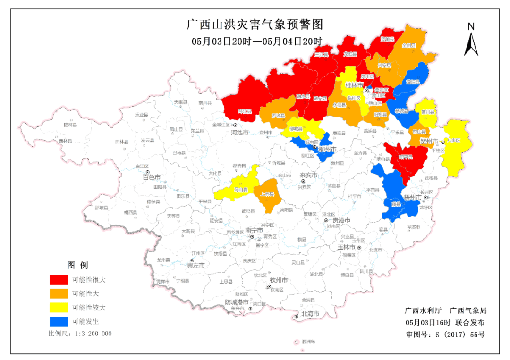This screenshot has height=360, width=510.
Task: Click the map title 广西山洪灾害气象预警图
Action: click(x=255, y=24)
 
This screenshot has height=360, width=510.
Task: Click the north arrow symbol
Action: click(x=471, y=41)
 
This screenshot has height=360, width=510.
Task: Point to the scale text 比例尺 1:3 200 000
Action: click(x=80, y=333)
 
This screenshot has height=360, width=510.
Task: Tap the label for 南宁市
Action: click(x=254, y=231)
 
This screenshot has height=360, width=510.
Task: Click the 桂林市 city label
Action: click(x=354, y=85)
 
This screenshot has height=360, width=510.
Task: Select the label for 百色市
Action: click(x=152, y=177)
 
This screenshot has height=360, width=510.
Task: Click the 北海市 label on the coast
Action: click(x=310, y=314)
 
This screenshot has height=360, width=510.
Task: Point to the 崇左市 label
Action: click(x=195, y=266)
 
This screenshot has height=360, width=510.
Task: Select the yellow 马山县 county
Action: click(x=241, y=189)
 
